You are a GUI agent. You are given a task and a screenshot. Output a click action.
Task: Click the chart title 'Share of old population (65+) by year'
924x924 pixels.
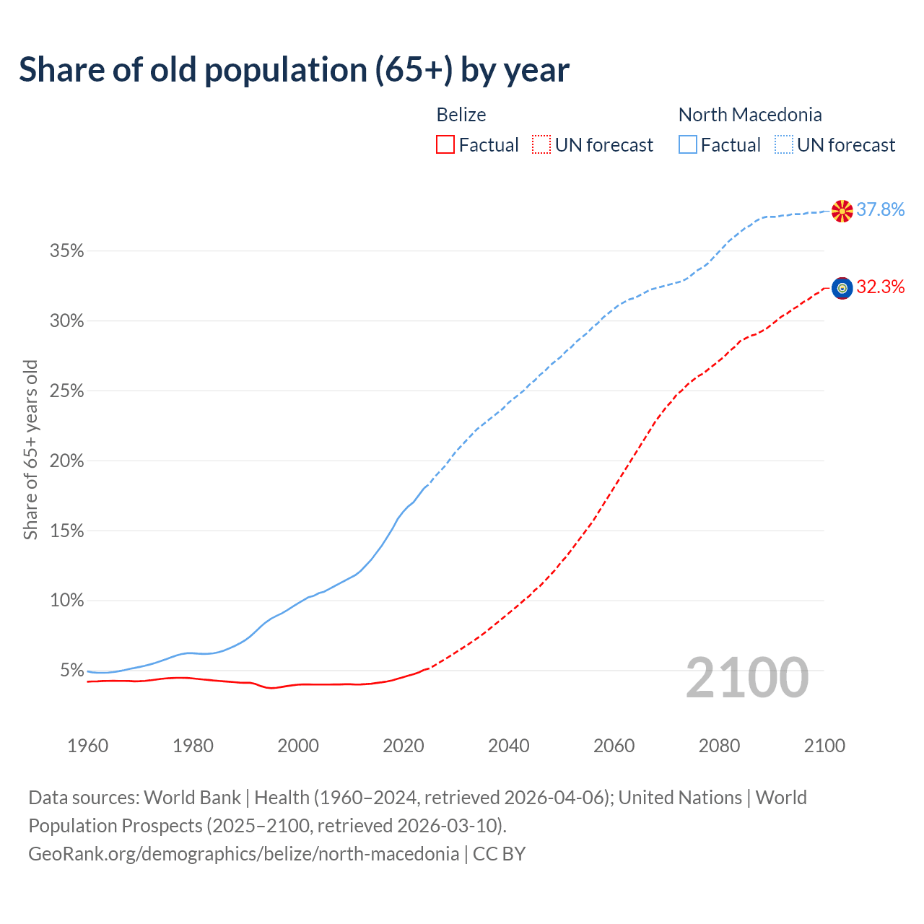pos(294,70)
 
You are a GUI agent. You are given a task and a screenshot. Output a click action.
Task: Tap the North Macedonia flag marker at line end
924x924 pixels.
pos(842,211)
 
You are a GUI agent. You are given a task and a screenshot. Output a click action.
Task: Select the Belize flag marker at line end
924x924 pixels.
pos(842,288)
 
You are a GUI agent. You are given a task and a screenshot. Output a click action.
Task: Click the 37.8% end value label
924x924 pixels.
pos(881,209)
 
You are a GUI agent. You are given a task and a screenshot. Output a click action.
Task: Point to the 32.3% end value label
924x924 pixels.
pos(881,287)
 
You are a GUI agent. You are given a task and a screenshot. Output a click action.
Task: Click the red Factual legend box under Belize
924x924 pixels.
pos(445,145)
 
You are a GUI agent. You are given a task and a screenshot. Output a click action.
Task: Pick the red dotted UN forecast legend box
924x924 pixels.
pos(541,145)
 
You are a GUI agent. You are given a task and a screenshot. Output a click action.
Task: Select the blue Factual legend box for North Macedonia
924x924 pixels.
pos(688,145)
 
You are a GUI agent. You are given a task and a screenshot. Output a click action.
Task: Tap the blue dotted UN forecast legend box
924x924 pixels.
pos(784,145)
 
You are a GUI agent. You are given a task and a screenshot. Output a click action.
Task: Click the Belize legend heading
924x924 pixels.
pos(461,115)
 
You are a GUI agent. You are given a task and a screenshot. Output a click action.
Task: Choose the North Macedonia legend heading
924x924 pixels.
pos(750,115)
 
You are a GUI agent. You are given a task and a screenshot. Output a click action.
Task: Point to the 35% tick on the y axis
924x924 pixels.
pos(66,251)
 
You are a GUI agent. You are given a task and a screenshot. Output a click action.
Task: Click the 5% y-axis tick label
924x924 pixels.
pos(71,671)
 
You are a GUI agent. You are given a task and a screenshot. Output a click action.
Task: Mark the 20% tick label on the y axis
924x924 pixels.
pos(66,461)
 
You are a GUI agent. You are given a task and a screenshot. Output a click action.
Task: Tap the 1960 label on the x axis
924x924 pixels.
pos(87,746)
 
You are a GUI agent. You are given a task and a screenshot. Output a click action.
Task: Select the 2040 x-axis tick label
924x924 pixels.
pos(508,746)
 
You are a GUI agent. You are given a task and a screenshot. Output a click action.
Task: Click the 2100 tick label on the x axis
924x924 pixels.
pos(824,746)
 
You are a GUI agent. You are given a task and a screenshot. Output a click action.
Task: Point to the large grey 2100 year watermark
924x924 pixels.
pos(747,678)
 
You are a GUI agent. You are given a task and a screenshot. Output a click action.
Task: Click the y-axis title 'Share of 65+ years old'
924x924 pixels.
pos(30,450)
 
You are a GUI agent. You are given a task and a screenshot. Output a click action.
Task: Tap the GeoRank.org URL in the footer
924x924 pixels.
pos(243,854)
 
